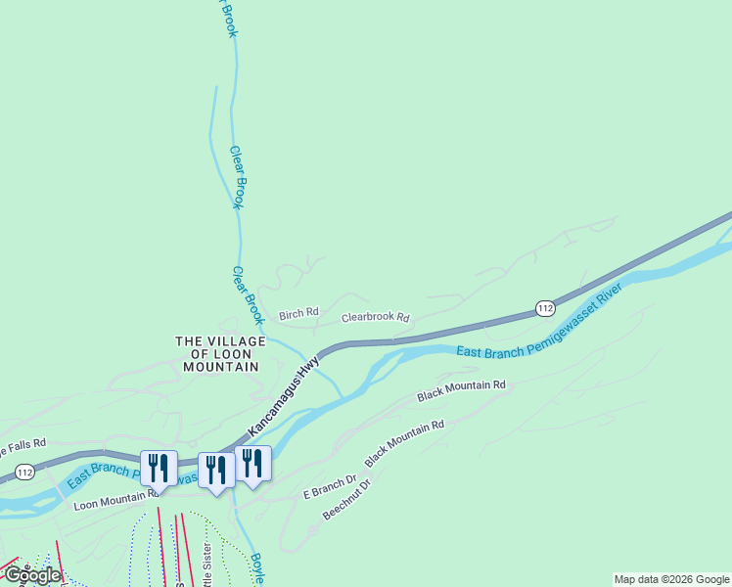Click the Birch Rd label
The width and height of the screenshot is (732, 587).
pos(298,314)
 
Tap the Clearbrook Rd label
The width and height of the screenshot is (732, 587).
pos(375,318)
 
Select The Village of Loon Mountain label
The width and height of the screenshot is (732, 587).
pos(220,353)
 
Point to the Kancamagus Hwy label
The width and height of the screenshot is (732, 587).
pos(284,395)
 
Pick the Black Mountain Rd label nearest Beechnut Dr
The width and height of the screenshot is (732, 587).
pos(404,441)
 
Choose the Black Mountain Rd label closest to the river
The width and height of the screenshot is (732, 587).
pos(461,390)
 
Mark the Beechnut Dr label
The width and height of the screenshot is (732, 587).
pos(346,499)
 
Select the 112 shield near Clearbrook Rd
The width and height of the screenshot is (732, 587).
pos(546,308)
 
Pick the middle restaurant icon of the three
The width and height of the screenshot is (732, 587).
pos(215,470)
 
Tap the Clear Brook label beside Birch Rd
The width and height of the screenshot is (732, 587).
pos(249,295)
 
